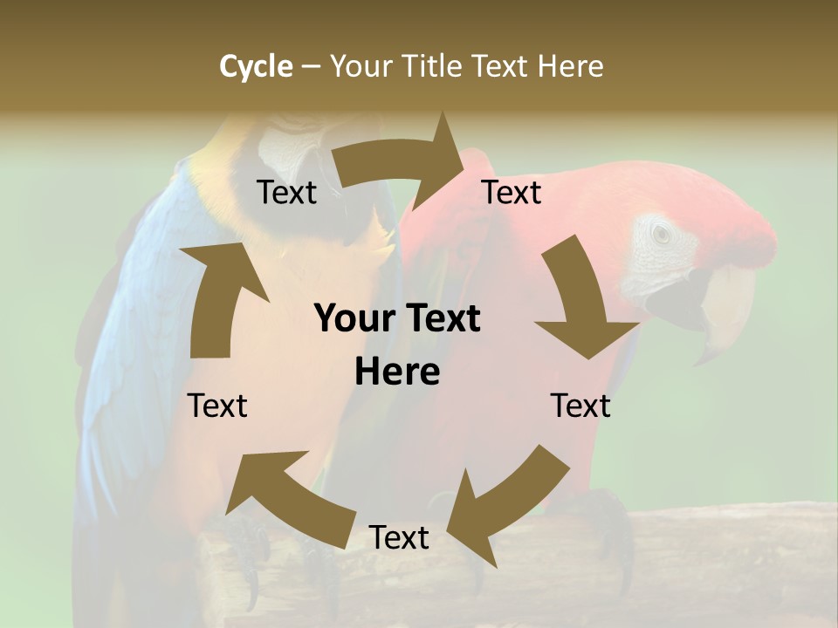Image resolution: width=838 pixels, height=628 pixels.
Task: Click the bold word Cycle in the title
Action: (256, 66)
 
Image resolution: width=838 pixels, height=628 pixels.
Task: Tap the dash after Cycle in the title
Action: (311, 66)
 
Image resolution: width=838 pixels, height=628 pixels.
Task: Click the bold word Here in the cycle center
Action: (397, 372)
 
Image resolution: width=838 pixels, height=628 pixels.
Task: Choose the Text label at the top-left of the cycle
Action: (287, 192)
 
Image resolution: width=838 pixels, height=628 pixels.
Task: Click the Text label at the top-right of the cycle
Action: (512, 192)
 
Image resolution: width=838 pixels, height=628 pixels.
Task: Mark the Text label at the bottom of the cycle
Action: (399, 537)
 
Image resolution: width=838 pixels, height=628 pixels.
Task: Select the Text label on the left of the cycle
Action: (217, 406)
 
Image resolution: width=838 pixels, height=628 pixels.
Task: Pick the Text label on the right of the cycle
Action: (580, 406)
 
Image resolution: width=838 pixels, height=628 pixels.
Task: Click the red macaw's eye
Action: (662, 233)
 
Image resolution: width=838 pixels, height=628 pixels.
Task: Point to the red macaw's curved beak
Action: (725, 314)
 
